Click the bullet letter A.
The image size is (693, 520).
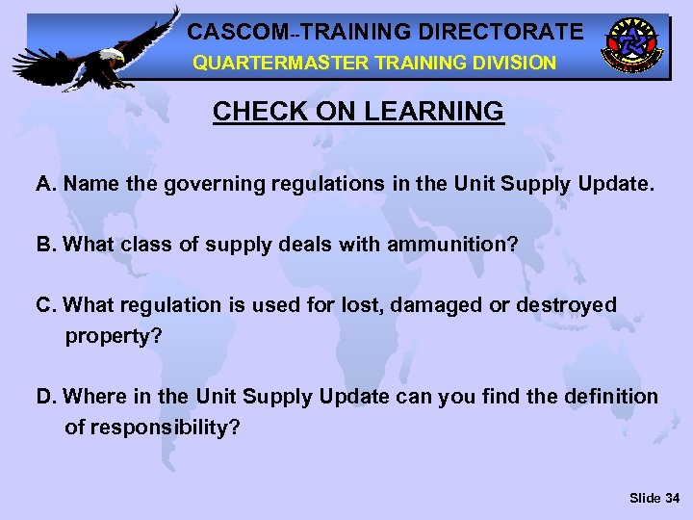pos(44,184)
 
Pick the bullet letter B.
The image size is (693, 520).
pos(44,245)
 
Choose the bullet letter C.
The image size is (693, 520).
pos(44,305)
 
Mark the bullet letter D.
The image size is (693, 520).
pos(44,397)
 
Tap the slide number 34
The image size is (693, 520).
pos(672,498)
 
